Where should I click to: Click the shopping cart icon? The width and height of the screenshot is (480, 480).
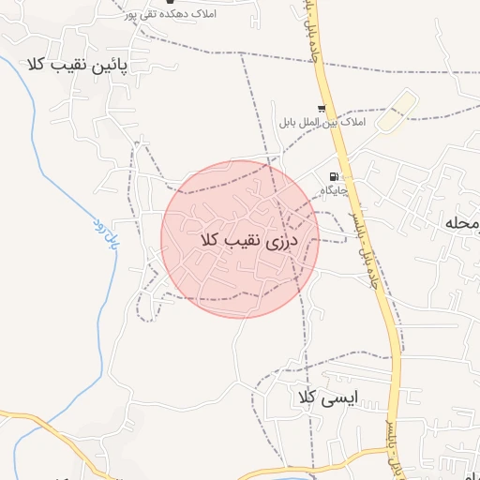(x=322, y=109)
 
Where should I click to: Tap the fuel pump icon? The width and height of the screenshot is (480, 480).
(x=333, y=176)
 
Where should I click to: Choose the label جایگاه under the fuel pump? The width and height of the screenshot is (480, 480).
(x=335, y=190)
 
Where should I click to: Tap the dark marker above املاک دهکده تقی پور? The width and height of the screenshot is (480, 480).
(x=171, y=3)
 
